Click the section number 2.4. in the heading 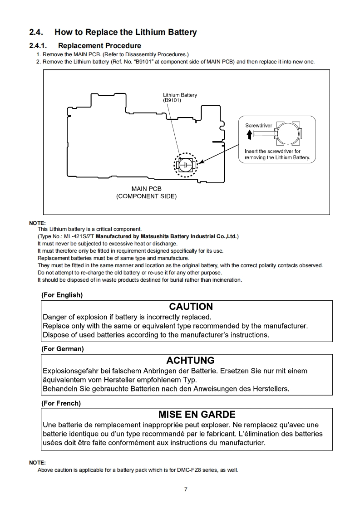coord(36,32)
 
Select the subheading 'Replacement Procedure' coord(99,45)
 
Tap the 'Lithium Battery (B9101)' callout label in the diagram coord(180,98)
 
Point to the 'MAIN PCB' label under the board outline coord(146,189)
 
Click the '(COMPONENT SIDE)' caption coord(146,196)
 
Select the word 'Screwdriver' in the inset coord(258,125)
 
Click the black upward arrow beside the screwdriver coord(249,135)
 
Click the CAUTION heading coord(191,307)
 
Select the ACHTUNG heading coord(190,361)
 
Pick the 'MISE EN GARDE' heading coord(197,414)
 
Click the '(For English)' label coord(62,295)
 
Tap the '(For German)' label coord(62,349)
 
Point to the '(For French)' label coord(61,403)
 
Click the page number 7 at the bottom coord(186,489)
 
